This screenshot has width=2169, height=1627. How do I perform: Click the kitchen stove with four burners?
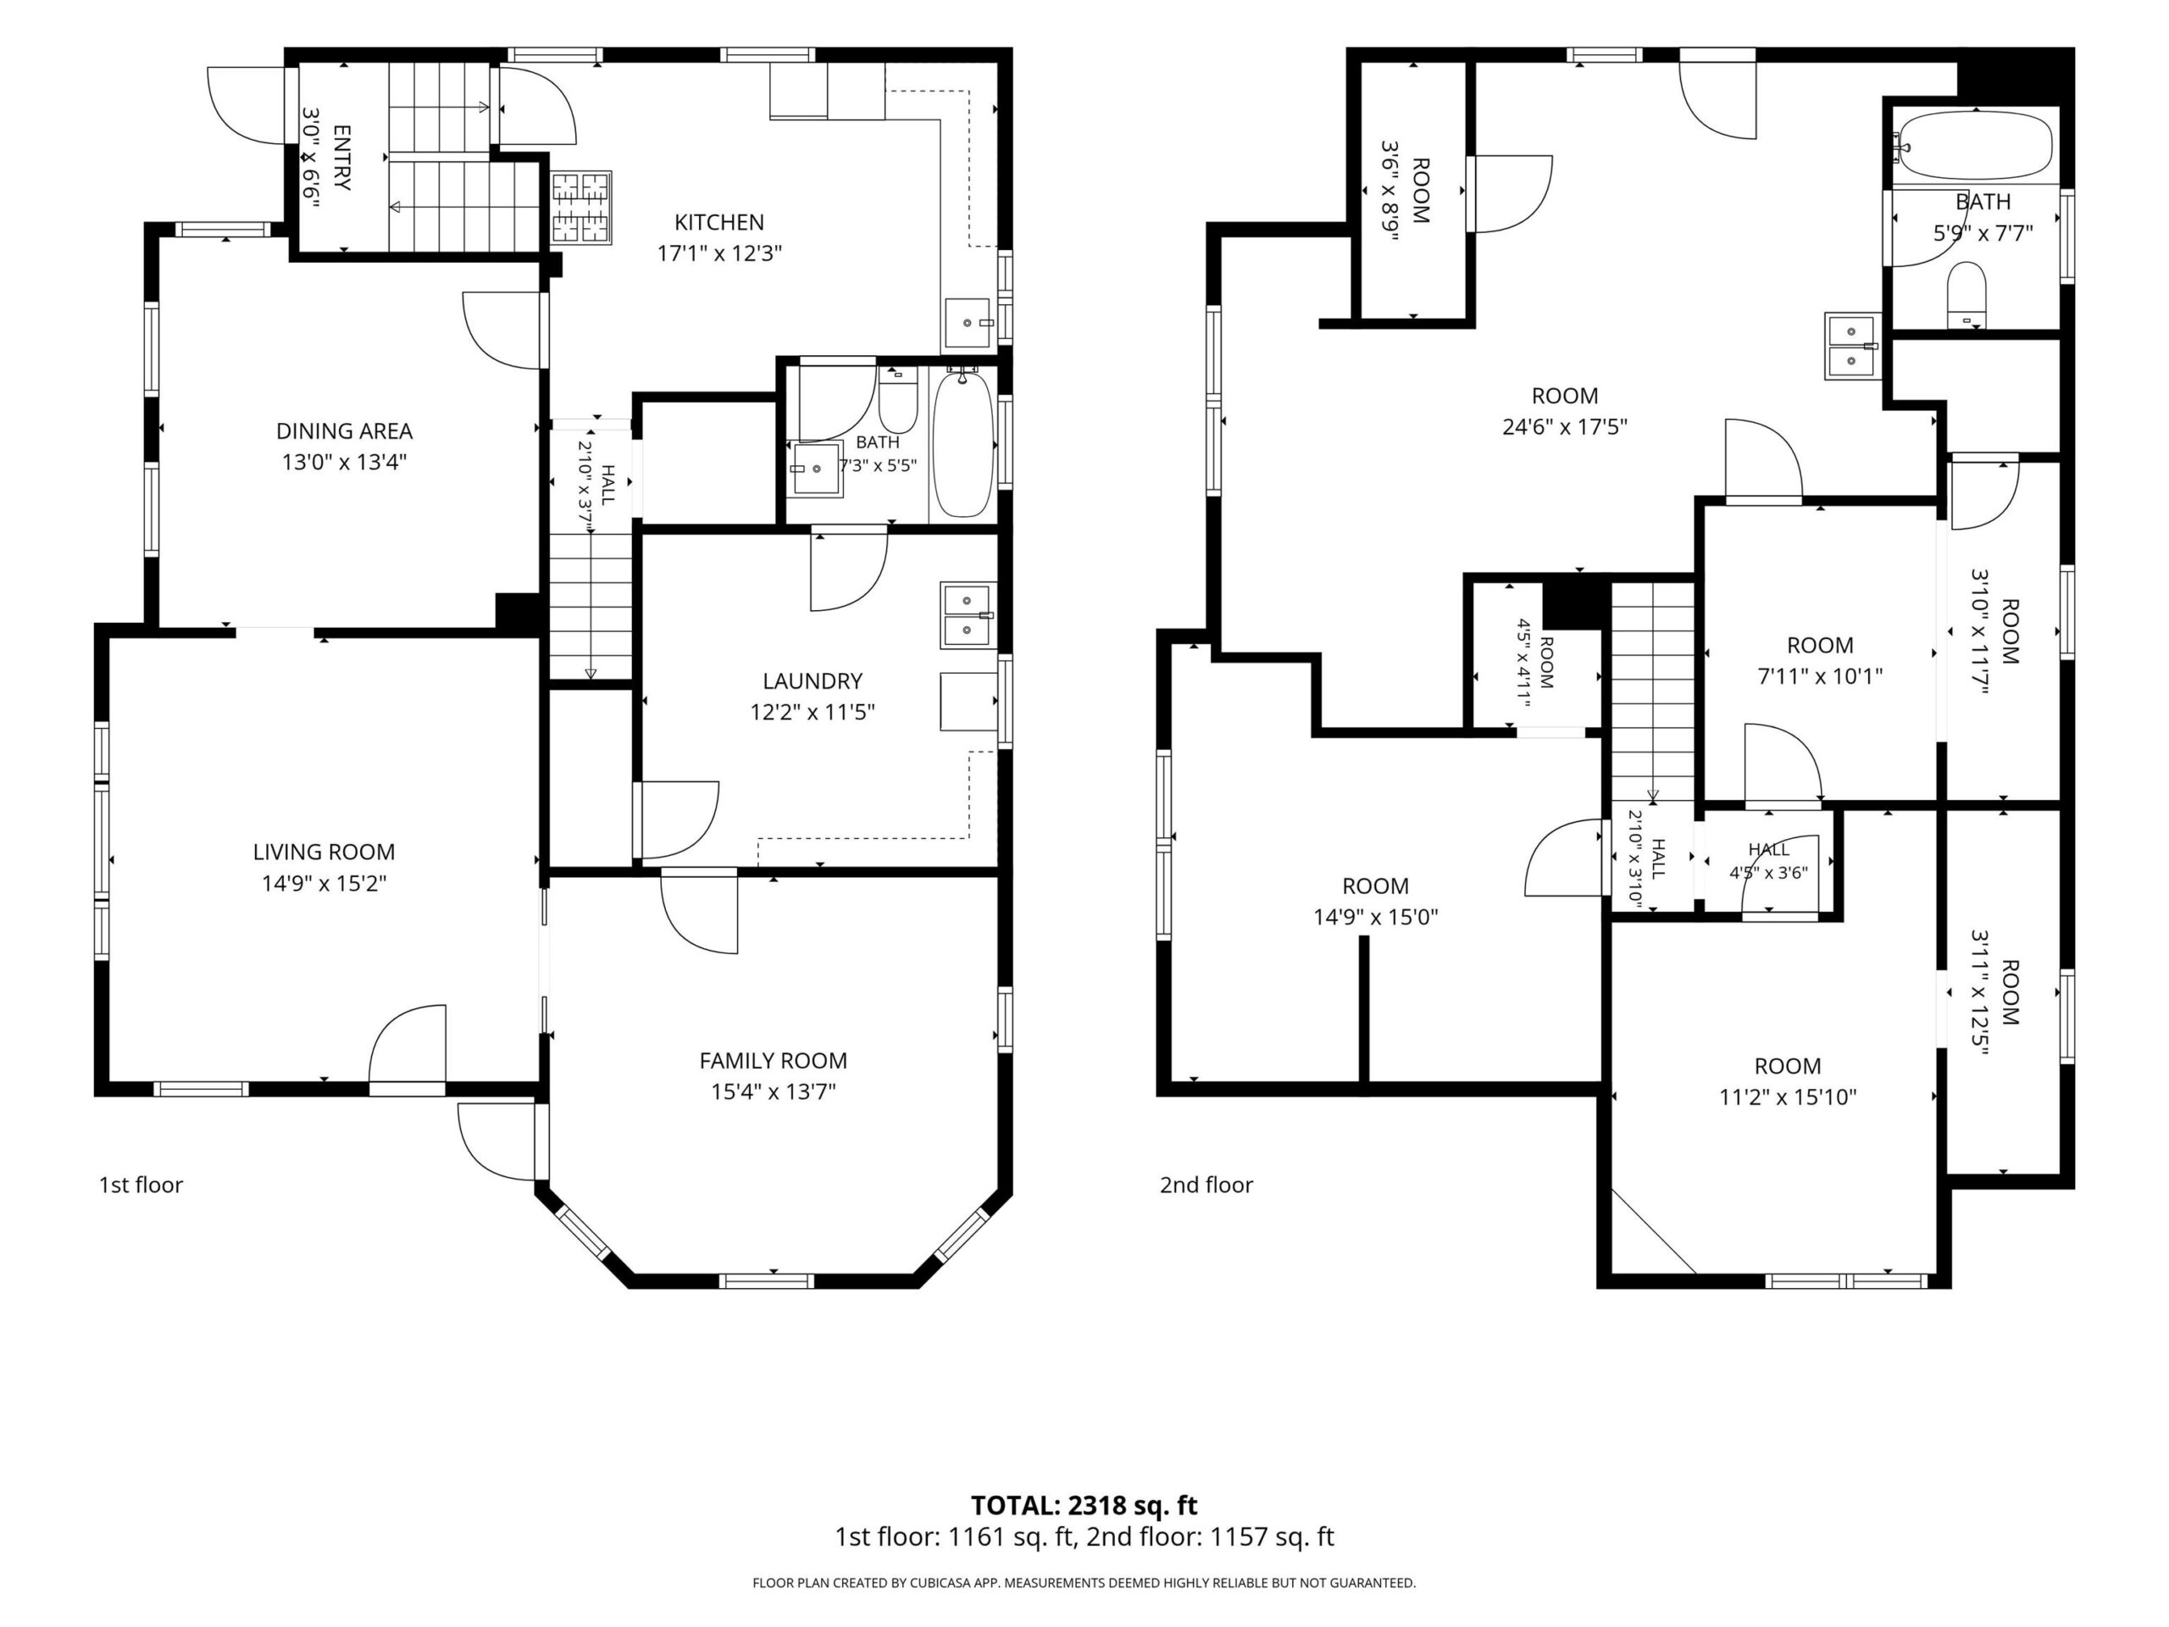tap(581, 208)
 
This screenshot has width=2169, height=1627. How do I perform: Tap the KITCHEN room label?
tap(718, 223)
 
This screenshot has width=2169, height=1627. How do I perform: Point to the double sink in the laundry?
tap(968, 615)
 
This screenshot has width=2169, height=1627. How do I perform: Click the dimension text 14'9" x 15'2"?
tap(324, 884)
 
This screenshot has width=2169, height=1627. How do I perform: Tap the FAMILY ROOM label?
tap(773, 1060)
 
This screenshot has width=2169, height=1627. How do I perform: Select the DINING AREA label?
tap(344, 430)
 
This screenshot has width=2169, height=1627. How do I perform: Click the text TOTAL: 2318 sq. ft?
tap(1084, 1505)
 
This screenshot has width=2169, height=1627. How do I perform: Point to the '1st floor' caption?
tap(141, 1185)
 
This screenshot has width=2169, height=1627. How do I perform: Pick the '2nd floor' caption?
tap(1207, 1185)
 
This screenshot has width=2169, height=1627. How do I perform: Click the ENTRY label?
tap(341, 157)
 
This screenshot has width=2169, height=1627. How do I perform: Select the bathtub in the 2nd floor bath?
tap(1972, 145)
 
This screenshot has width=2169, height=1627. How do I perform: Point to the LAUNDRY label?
tap(812, 680)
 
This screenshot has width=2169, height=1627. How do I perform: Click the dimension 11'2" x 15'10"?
tap(1788, 1097)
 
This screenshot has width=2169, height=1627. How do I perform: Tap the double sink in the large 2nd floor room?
tap(1850, 347)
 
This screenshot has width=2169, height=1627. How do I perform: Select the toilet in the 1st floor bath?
tap(897, 399)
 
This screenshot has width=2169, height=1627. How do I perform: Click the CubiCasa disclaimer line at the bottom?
tap(1084, 1583)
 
